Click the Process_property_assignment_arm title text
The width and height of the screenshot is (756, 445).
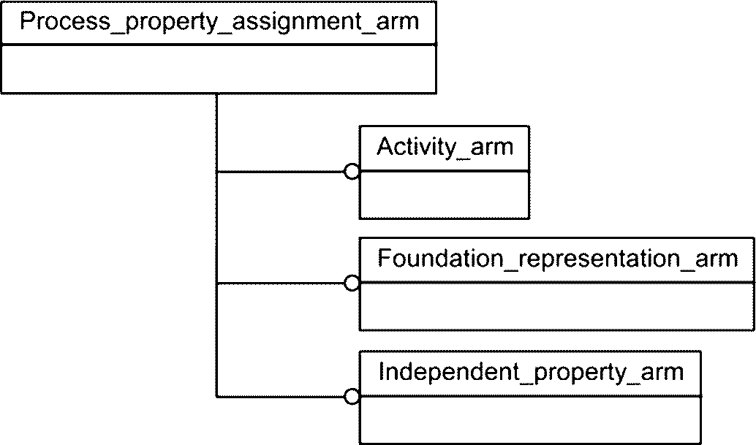[219, 22]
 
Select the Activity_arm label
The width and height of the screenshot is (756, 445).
[445, 147]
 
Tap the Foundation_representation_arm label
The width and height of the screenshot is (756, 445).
[557, 259]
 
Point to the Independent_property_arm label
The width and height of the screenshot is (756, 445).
[531, 372]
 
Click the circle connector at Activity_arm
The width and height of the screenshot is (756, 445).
[352, 172]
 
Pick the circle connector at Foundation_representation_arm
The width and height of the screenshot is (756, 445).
[352, 284]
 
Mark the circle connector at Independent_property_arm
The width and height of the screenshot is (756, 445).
[352, 397]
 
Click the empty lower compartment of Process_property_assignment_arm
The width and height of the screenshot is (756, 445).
[219, 69]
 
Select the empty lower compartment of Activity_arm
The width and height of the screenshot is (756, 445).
[444, 194]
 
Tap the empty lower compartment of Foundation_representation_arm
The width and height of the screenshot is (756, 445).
[557, 306]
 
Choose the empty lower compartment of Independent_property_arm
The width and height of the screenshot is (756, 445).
[530, 419]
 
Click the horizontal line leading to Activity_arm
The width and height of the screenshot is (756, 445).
[281, 172]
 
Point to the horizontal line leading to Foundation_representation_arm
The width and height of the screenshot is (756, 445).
[281, 284]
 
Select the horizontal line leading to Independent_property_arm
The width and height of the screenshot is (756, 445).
[281, 397]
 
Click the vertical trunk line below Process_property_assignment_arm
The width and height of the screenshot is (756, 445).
[217, 245]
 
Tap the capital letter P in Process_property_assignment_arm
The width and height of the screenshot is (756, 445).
[28, 20]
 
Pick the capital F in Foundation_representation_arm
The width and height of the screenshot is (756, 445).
[385, 258]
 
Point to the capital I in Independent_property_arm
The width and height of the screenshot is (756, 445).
[382, 371]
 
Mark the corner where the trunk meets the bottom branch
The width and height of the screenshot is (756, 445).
[217, 397]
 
